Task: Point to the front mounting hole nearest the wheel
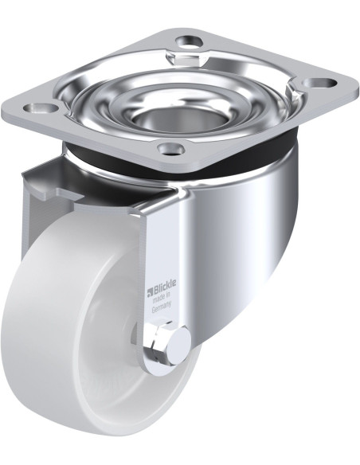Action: pos(169,148)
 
